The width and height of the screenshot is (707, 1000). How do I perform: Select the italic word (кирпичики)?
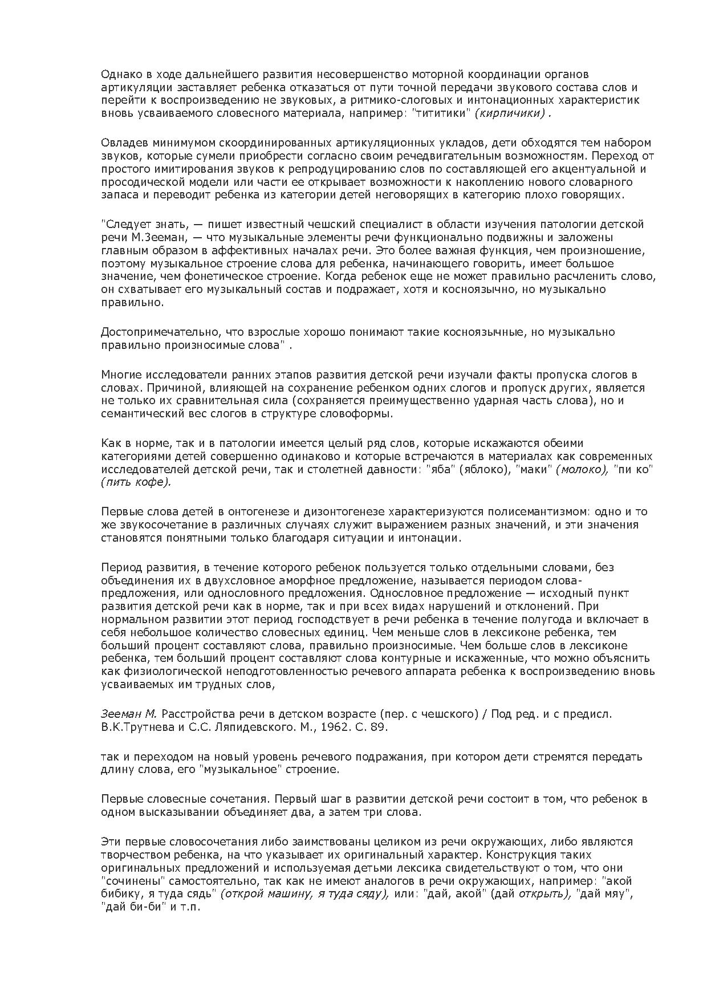[x=510, y=113]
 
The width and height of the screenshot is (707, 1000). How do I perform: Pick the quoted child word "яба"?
[x=438, y=470]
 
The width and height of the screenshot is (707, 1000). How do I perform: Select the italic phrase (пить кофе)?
[x=136, y=482]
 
